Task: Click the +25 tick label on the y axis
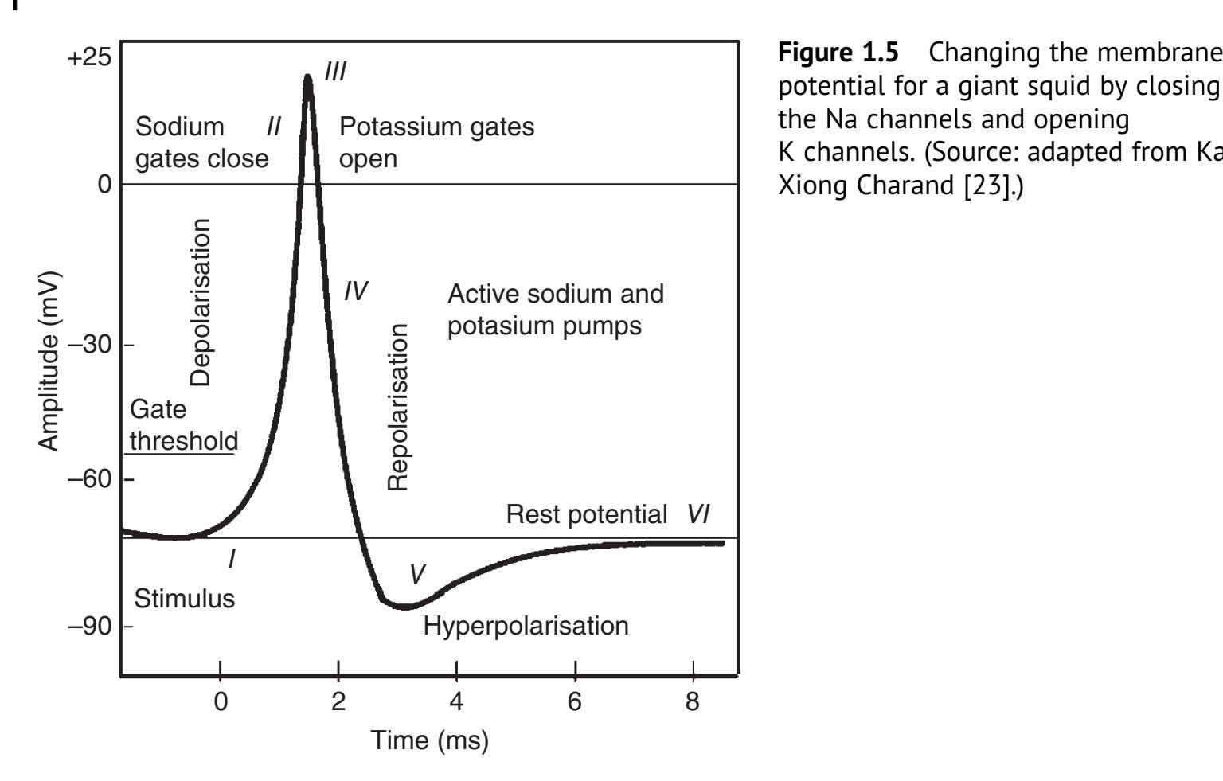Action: pyautogui.click(x=90, y=60)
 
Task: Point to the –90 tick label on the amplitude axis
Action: pyautogui.click(x=90, y=627)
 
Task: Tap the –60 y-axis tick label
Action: pyautogui.click(x=90, y=479)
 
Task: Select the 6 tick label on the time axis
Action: pyautogui.click(x=574, y=701)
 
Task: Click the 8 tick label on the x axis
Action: pyautogui.click(x=692, y=701)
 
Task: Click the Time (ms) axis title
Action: pyautogui.click(x=429, y=740)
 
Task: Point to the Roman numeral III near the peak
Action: pyautogui.click(x=335, y=72)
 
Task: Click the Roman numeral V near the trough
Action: pyautogui.click(x=416, y=574)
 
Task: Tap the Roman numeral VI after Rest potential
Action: pyautogui.click(x=698, y=514)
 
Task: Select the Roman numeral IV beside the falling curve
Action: pyautogui.click(x=355, y=291)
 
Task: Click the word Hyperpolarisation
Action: pyautogui.click(x=526, y=626)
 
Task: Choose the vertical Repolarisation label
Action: pyautogui.click(x=397, y=407)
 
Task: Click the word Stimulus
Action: pyautogui.click(x=184, y=599)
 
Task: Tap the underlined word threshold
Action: pyautogui.click(x=183, y=441)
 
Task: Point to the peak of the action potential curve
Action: pyautogui.click(x=307, y=76)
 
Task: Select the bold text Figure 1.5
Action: pyautogui.click(x=838, y=53)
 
